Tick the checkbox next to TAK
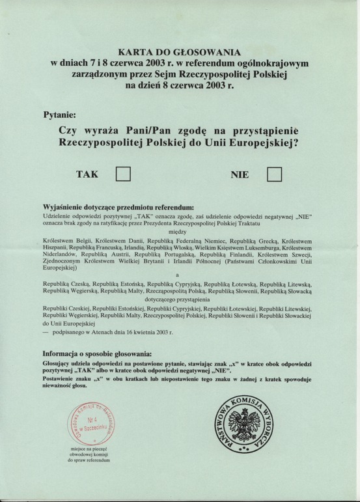(x=123, y=175)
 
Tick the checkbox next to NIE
(x=275, y=175)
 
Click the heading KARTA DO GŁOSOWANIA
(x=180, y=51)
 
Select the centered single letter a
(x=179, y=277)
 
